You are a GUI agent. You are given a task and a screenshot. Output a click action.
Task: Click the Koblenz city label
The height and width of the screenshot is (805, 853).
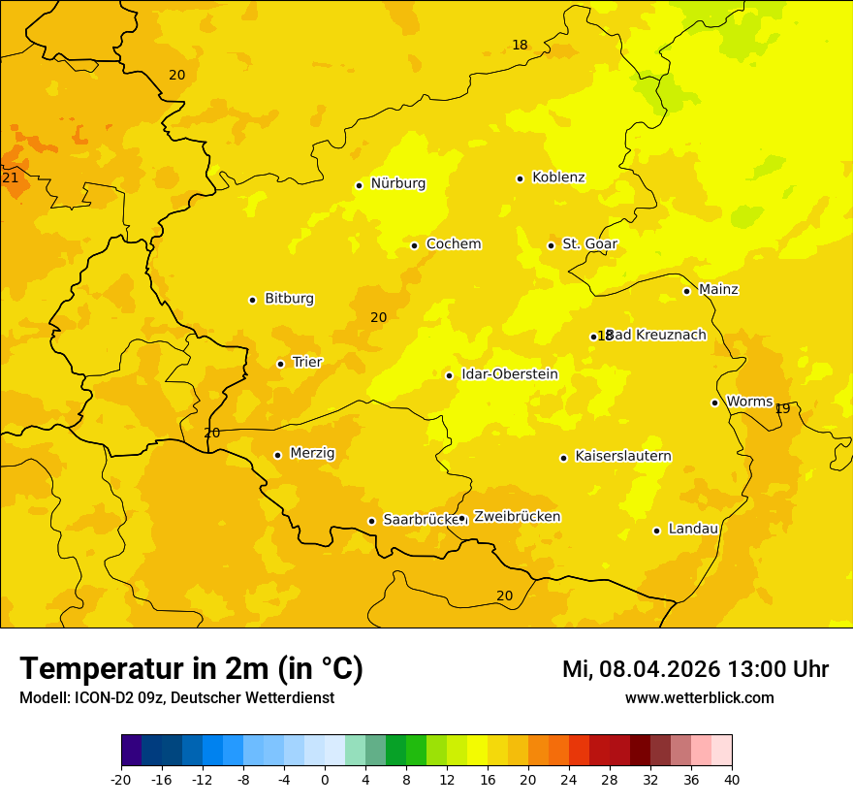click(x=558, y=177)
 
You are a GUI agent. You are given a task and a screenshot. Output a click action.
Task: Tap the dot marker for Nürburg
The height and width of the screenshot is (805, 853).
click(x=359, y=185)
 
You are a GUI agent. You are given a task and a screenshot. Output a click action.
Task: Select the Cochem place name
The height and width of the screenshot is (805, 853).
click(x=453, y=244)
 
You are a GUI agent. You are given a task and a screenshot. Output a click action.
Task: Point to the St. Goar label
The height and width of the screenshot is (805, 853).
click(x=589, y=244)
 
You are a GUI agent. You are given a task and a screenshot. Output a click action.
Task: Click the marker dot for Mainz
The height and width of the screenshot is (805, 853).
click(x=686, y=291)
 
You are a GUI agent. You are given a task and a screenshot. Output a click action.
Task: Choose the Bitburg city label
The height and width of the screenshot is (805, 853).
click(x=289, y=299)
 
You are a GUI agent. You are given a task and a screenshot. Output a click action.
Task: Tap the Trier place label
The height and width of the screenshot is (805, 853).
click(x=306, y=363)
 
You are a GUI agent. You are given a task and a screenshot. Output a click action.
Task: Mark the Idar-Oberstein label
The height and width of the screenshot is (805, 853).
click(x=510, y=374)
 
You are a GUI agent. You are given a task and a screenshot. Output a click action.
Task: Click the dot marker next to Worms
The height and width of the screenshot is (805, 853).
click(x=714, y=402)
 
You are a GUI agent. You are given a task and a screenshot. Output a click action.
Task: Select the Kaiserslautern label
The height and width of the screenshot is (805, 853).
click(x=623, y=457)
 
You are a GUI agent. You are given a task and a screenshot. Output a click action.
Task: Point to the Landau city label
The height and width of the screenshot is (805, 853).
click(x=693, y=530)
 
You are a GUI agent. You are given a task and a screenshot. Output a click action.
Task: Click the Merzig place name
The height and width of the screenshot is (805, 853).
click(x=312, y=454)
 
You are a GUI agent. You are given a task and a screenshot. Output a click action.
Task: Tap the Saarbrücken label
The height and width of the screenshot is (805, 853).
click(x=420, y=520)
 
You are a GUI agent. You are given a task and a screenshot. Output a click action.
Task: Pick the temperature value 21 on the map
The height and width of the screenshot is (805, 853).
click(x=11, y=178)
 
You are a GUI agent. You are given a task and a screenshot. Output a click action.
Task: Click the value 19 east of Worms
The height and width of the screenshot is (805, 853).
click(x=782, y=409)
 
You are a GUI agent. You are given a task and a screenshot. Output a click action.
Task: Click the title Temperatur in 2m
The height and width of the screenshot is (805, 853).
click(x=191, y=669)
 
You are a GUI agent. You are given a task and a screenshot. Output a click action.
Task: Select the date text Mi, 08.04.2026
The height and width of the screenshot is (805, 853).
click(x=640, y=669)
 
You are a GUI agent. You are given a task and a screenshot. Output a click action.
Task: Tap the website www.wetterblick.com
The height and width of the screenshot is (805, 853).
click(x=699, y=698)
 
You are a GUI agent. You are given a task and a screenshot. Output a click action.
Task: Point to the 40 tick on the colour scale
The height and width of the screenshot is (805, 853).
click(x=732, y=779)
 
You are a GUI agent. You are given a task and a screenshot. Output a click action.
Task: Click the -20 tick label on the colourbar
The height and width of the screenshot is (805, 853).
click(x=121, y=779)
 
